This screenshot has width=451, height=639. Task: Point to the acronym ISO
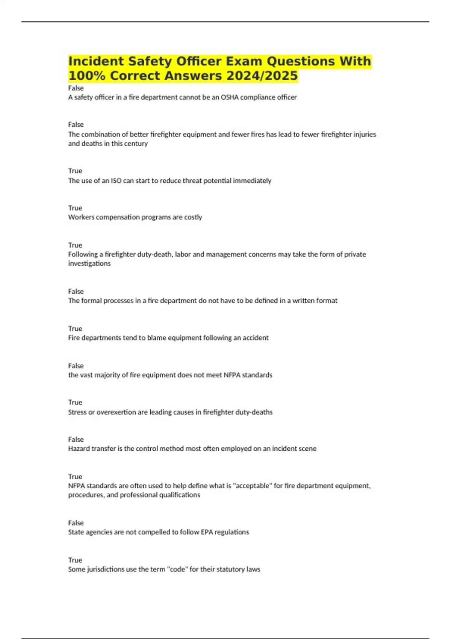116,181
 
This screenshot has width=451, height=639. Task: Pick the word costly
193,217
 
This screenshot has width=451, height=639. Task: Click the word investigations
89,263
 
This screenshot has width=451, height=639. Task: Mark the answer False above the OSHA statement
76,88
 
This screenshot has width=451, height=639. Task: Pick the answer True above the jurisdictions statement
75,560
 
